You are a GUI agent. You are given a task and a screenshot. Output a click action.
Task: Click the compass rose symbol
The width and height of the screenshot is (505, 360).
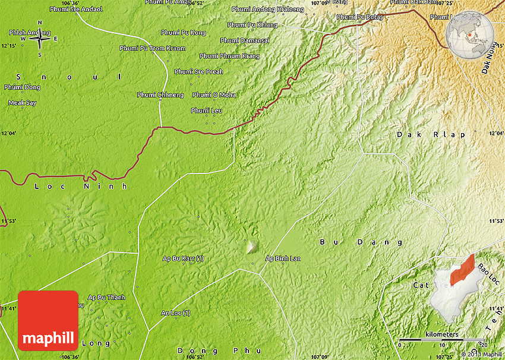pos(40,39)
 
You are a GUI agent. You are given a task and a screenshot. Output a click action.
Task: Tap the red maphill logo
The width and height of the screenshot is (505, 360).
pos(48,320)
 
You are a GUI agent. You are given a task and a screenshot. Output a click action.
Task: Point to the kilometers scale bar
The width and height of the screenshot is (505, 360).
pos(441,340)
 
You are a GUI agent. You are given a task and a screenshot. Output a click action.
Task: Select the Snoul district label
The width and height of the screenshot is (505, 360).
pos(68,77)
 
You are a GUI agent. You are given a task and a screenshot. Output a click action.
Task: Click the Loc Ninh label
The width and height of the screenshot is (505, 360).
pos(81,186)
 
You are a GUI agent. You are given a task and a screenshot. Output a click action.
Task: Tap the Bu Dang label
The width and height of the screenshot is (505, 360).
pos(361,242)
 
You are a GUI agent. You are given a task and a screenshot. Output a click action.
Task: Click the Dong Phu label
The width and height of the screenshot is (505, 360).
pos(204,350)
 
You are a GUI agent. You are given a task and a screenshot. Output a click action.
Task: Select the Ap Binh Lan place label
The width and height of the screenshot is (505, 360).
pos(283,258)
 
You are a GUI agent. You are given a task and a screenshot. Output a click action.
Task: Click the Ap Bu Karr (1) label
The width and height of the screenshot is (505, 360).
pos(183,258)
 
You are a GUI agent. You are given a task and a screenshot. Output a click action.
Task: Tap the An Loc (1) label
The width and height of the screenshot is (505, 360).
pos(176,312)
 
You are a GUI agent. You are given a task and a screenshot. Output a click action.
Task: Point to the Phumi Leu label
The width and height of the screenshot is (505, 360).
pos(206,110)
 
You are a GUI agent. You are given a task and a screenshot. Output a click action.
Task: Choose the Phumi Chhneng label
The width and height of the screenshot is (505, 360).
pos(160,95)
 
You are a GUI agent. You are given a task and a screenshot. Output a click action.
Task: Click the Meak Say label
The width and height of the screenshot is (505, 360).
pos(22,103)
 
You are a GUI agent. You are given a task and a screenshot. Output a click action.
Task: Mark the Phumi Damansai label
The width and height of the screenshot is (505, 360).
pos(245,40)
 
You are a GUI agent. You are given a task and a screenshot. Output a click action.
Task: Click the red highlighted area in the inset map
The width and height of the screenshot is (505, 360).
pos(462,270)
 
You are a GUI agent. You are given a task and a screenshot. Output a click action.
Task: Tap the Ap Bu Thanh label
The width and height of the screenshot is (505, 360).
pos(106,297)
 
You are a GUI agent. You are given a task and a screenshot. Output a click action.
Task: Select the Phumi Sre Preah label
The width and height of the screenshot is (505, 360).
pos(198,72)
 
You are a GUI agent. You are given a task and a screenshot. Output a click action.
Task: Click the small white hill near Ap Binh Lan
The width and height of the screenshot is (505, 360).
pos(252,245)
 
